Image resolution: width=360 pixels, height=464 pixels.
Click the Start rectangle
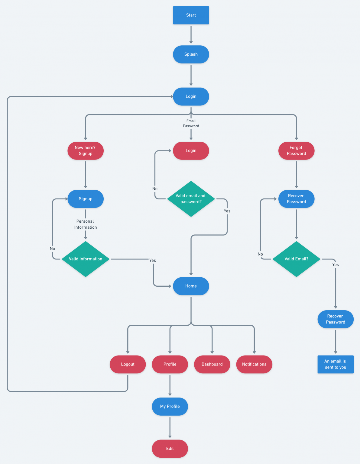191,15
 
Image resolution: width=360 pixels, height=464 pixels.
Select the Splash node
191,54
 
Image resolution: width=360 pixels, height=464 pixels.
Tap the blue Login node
191,96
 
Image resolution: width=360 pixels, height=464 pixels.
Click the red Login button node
191,150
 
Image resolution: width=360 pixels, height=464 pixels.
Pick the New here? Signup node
86,150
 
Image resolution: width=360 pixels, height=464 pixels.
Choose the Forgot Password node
296,150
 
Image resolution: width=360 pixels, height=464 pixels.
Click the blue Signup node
86,199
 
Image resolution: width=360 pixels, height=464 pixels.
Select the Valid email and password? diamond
191,199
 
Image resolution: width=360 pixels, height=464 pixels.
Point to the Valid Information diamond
86,259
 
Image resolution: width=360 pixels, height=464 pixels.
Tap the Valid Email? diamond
296,259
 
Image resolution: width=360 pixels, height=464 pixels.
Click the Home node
191,286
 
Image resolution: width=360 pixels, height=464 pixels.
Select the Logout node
128,364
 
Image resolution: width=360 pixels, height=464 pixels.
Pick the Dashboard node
212,364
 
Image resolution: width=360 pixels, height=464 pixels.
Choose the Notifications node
254,364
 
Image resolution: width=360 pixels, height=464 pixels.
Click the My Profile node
170,406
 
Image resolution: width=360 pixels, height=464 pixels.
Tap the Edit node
170,449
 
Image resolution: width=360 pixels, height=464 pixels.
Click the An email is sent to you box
336,364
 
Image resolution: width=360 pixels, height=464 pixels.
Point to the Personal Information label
86,224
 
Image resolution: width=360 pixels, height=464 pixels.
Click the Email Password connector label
191,123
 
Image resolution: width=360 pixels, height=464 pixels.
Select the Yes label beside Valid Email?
336,265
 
